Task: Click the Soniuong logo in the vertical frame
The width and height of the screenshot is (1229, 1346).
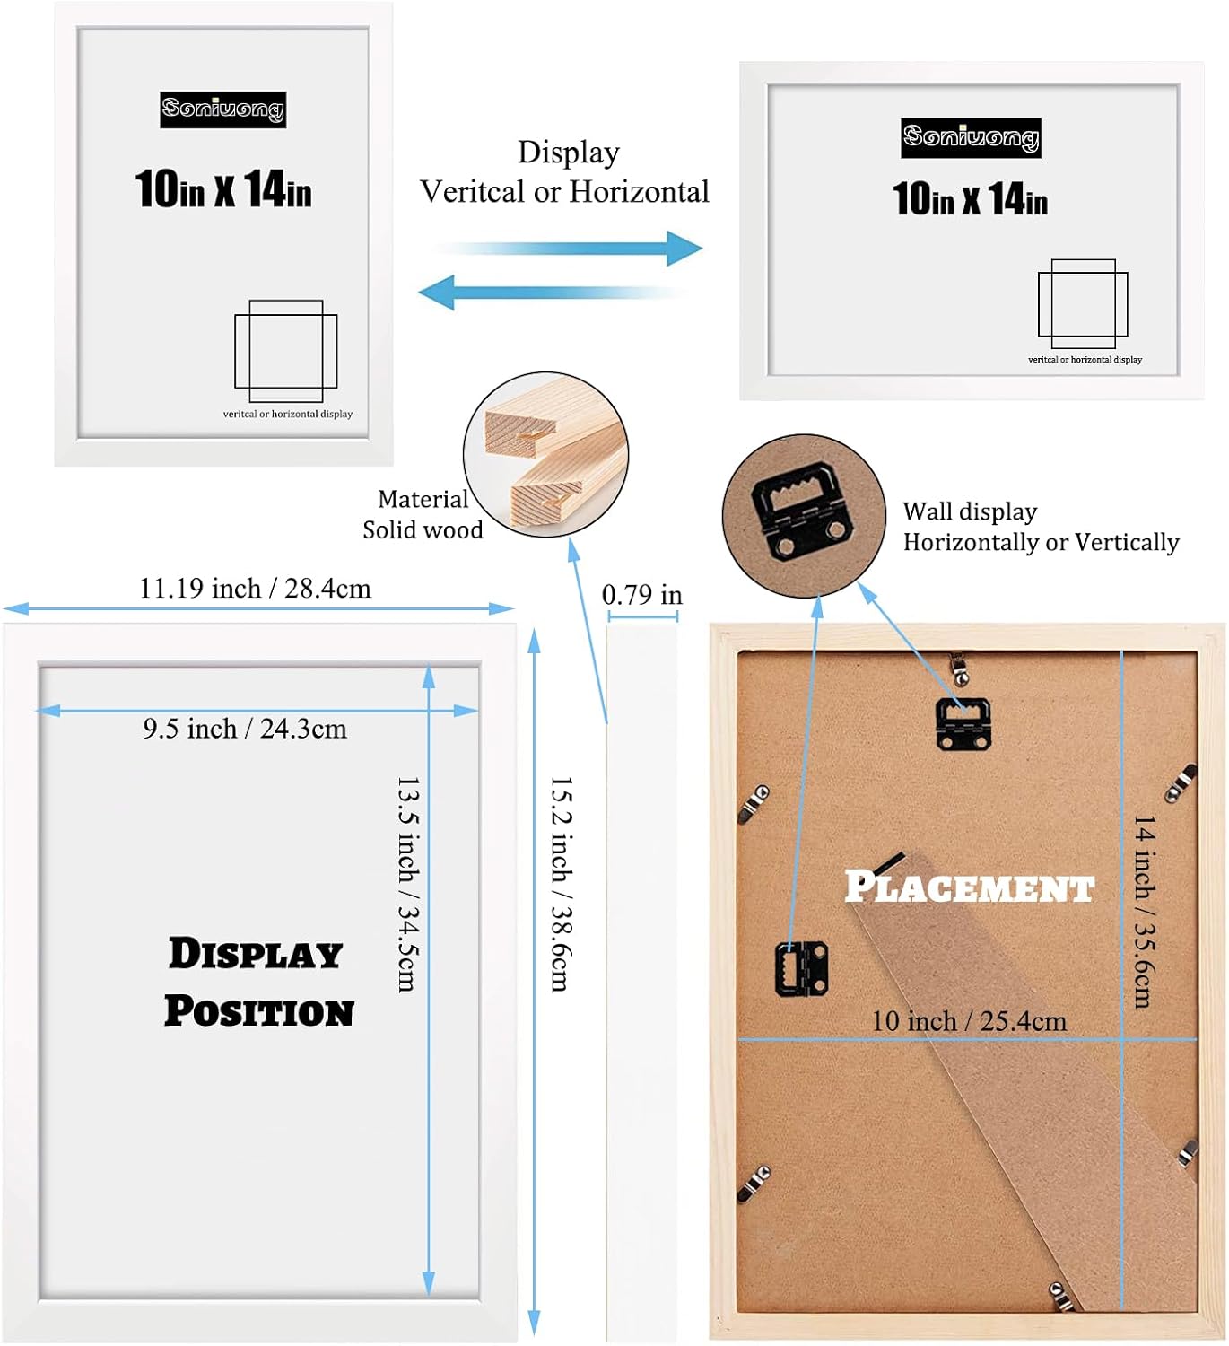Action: pyautogui.click(x=222, y=109)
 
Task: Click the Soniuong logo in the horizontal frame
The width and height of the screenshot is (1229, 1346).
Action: pyautogui.click(x=971, y=137)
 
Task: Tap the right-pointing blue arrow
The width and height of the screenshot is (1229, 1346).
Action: pyautogui.click(x=569, y=248)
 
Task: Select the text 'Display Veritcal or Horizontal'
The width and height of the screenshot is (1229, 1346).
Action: pyautogui.click(x=565, y=172)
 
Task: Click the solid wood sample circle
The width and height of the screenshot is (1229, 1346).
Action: pyautogui.click(x=545, y=455)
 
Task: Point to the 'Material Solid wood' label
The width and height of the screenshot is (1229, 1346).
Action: pyautogui.click(x=423, y=514)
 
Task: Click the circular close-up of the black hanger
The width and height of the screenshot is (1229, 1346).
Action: pyautogui.click(x=804, y=516)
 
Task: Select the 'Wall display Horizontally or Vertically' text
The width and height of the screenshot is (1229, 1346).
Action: pyautogui.click(x=1040, y=527)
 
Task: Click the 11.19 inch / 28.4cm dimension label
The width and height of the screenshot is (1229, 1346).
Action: pyautogui.click(x=255, y=589)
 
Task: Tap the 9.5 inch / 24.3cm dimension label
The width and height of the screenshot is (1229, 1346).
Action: pyautogui.click(x=245, y=729)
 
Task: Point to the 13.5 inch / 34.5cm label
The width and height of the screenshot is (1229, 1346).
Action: pyautogui.click(x=408, y=884)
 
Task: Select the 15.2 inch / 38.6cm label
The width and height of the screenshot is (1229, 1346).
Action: pyautogui.click(x=561, y=884)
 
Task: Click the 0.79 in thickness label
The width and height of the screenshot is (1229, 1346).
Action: pyautogui.click(x=641, y=595)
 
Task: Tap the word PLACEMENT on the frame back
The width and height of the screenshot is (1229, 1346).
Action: pyautogui.click(x=969, y=887)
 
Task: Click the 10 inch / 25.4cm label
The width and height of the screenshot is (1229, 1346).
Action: pyautogui.click(x=969, y=1021)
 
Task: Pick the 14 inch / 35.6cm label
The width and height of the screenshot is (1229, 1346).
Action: pyautogui.click(x=1143, y=911)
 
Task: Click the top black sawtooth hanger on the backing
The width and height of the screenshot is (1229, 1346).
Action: pyautogui.click(x=963, y=723)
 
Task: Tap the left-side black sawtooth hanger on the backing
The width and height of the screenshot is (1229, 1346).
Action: pyautogui.click(x=801, y=968)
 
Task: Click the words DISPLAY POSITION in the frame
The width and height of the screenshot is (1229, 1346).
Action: pyautogui.click(x=258, y=983)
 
